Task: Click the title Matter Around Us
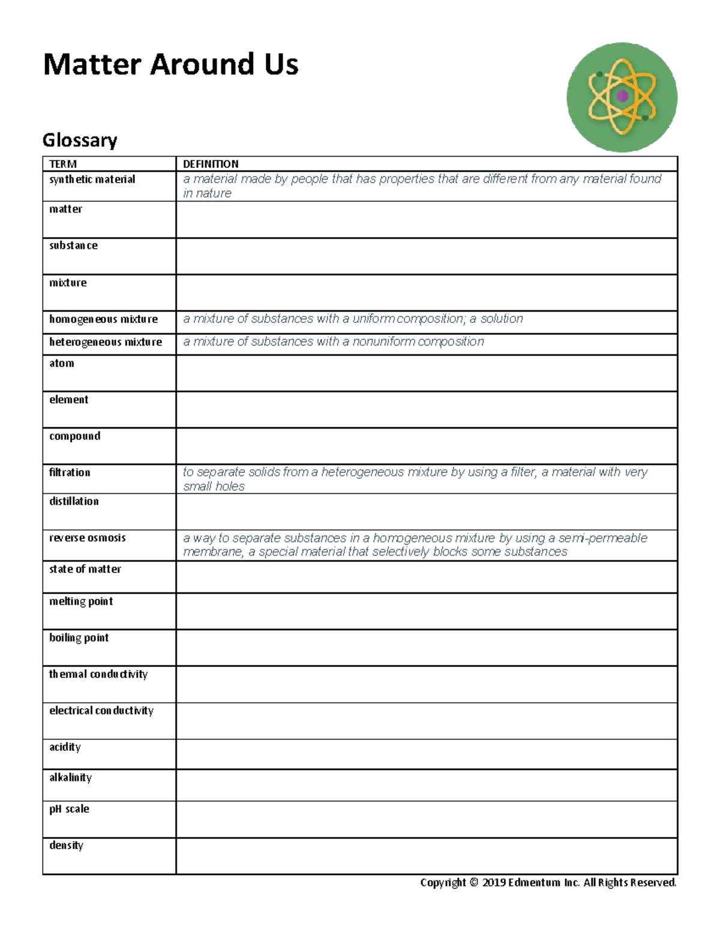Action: coord(170,65)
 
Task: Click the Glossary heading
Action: coord(80,140)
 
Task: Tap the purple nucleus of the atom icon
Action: coord(622,96)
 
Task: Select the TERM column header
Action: coord(63,164)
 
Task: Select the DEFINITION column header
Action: coord(211,164)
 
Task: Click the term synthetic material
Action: coord(92,179)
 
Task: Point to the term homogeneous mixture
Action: coord(103,319)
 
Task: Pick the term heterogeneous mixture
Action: coord(106,342)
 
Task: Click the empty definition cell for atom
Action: coord(426,373)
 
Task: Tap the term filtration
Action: coord(70,472)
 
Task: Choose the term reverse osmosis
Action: coord(88,538)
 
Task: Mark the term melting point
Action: coord(81,601)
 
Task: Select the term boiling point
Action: coord(79,638)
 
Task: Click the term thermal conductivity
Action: coord(98,674)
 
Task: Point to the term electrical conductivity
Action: coord(101,711)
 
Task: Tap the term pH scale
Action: coord(69,809)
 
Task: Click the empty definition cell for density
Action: coord(426,856)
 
